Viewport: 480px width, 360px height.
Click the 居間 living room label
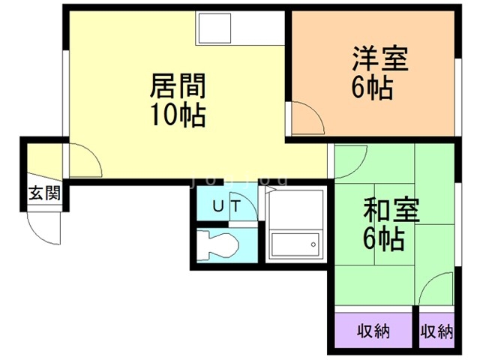click(178, 86)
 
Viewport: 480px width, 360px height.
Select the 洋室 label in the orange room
click(380, 58)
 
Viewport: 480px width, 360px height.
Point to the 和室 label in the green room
click(391, 210)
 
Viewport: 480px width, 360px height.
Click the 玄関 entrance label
click(45, 193)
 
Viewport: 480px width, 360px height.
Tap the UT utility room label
click(226, 206)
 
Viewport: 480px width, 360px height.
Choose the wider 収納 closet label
click(373, 331)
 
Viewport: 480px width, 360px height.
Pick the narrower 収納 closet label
click(436, 331)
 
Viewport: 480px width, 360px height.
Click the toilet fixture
click(217, 245)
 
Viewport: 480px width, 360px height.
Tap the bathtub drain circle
click(313, 244)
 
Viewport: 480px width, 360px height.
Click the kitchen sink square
click(214, 28)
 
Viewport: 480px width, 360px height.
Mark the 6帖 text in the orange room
click(372, 88)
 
